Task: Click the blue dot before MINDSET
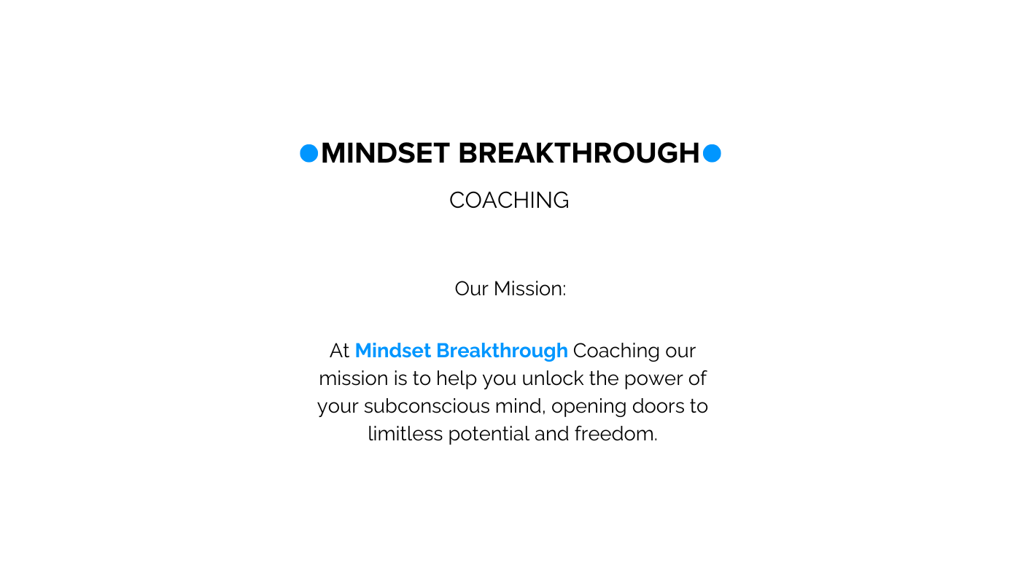pos(309,153)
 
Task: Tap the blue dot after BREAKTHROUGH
pos(712,153)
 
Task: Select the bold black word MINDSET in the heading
pos(385,153)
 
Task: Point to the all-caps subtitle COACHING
pos(509,201)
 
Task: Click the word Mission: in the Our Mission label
pos(529,289)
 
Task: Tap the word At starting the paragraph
pos(339,351)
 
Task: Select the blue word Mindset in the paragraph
pos(393,351)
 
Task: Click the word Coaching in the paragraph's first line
pos(616,351)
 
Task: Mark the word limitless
pos(405,434)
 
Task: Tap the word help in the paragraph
pos(452,379)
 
